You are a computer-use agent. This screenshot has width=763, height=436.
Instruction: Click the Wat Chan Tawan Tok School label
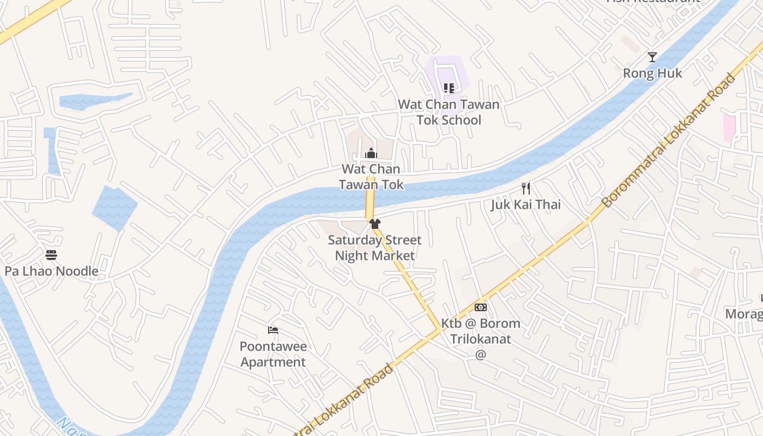pos(449,112)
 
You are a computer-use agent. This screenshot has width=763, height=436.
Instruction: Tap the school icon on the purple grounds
pos(449,88)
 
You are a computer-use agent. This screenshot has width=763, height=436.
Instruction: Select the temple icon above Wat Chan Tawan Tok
pos(371,153)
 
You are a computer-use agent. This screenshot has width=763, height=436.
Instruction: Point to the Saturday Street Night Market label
pos(374,248)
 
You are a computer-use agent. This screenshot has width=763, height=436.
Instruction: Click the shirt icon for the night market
pos(374,223)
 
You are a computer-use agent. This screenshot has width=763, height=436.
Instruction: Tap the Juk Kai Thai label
pos(525,205)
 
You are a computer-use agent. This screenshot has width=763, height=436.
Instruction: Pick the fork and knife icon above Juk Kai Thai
pos(526,189)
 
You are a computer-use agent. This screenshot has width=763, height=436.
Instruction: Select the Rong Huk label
pos(652,73)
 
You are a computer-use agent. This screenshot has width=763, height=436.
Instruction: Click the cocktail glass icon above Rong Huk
pos(652,57)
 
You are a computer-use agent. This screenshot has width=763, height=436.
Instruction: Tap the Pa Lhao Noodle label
pos(51,271)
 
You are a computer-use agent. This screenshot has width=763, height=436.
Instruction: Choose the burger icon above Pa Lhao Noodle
pos(51,255)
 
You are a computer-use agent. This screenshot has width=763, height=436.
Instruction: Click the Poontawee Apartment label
pos(273,354)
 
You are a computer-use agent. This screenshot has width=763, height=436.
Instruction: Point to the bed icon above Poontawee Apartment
pos(273,330)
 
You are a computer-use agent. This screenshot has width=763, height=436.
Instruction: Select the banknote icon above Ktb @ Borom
pos(480,307)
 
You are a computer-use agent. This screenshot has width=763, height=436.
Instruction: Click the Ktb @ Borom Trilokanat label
pos(480,331)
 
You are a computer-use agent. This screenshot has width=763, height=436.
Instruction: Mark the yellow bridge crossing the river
pos(370,197)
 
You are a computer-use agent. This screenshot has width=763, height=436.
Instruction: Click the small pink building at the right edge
pos(729,129)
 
